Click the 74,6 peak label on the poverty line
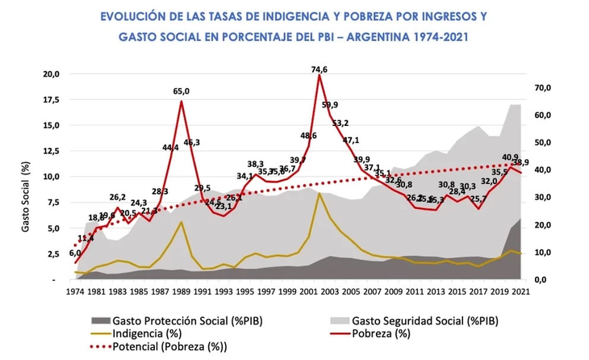[320, 69]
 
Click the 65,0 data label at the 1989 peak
[182, 91]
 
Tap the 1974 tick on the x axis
[77, 291]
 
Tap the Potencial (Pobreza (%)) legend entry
[163, 346]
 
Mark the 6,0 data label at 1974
[75, 253]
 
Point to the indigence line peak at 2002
[320, 193]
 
